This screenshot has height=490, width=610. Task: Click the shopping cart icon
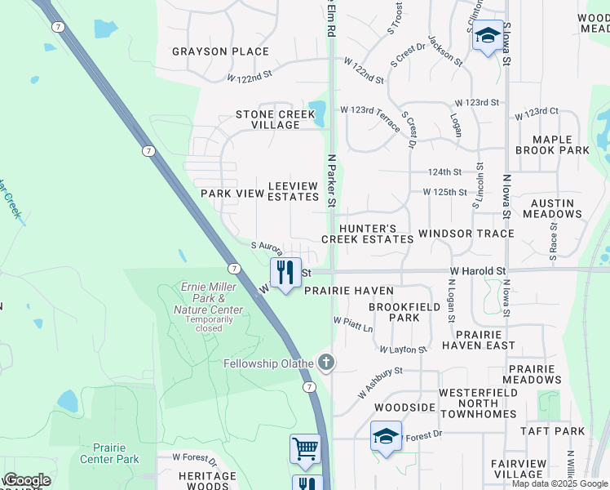(x=305, y=448)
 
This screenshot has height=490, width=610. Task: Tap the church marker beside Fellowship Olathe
(x=326, y=362)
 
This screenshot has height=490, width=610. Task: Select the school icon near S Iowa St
(x=488, y=35)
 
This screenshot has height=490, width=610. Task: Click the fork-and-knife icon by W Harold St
(x=285, y=271)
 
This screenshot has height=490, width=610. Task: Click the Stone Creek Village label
(x=275, y=119)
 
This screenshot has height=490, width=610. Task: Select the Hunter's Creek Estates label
(x=367, y=234)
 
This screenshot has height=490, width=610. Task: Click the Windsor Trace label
(x=466, y=234)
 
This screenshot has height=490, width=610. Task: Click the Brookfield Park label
(x=393, y=311)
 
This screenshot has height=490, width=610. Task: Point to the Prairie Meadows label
(x=533, y=374)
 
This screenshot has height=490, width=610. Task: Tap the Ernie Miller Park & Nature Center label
(x=208, y=298)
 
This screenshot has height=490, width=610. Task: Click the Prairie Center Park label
(x=109, y=453)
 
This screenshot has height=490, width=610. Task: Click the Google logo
(x=27, y=481)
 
